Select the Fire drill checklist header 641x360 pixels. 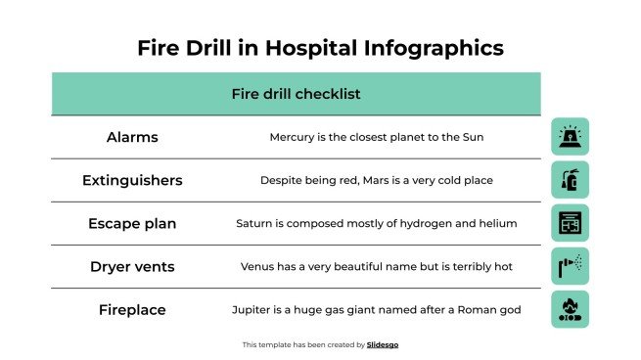[x=296, y=94]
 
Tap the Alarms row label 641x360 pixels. [x=132, y=138]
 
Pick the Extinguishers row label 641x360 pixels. [x=132, y=181]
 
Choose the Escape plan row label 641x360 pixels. [x=132, y=224]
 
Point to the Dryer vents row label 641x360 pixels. [x=132, y=266]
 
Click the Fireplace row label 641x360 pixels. [x=132, y=310]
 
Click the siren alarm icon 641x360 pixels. [x=570, y=137]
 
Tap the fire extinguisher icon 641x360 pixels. [x=570, y=180]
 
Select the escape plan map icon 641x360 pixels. [x=570, y=223]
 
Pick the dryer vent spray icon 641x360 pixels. [x=570, y=265]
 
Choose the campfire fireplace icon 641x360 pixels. [x=570, y=309]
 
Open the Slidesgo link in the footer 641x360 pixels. [x=383, y=344]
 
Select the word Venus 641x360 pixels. [x=259, y=266]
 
